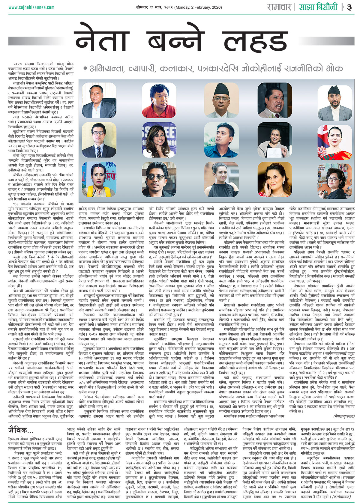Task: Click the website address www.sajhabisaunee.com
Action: pos(31,7)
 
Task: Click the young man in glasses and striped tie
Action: pos(99,140)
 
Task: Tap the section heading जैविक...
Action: pos(21,430)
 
